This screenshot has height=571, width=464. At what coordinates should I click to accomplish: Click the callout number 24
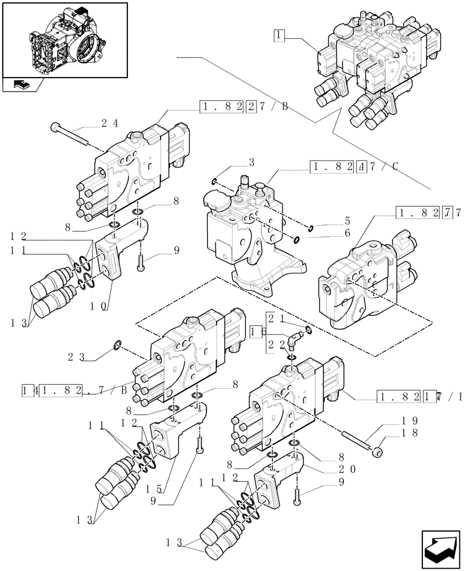[110, 123]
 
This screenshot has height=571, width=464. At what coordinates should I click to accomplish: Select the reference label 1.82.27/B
[244, 106]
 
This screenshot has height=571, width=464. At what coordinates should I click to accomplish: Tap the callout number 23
[76, 357]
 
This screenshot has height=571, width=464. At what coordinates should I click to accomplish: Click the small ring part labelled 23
[117, 344]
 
